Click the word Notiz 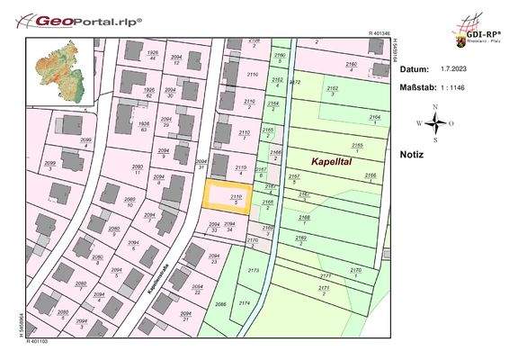(411, 154)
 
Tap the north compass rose (434, 122)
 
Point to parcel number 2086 (221, 305)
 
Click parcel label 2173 (253, 270)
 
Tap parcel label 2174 (244, 304)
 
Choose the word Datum (414, 68)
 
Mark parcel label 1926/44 (152, 55)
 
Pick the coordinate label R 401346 (381, 33)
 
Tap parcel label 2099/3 (50, 165)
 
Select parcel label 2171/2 (325, 290)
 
